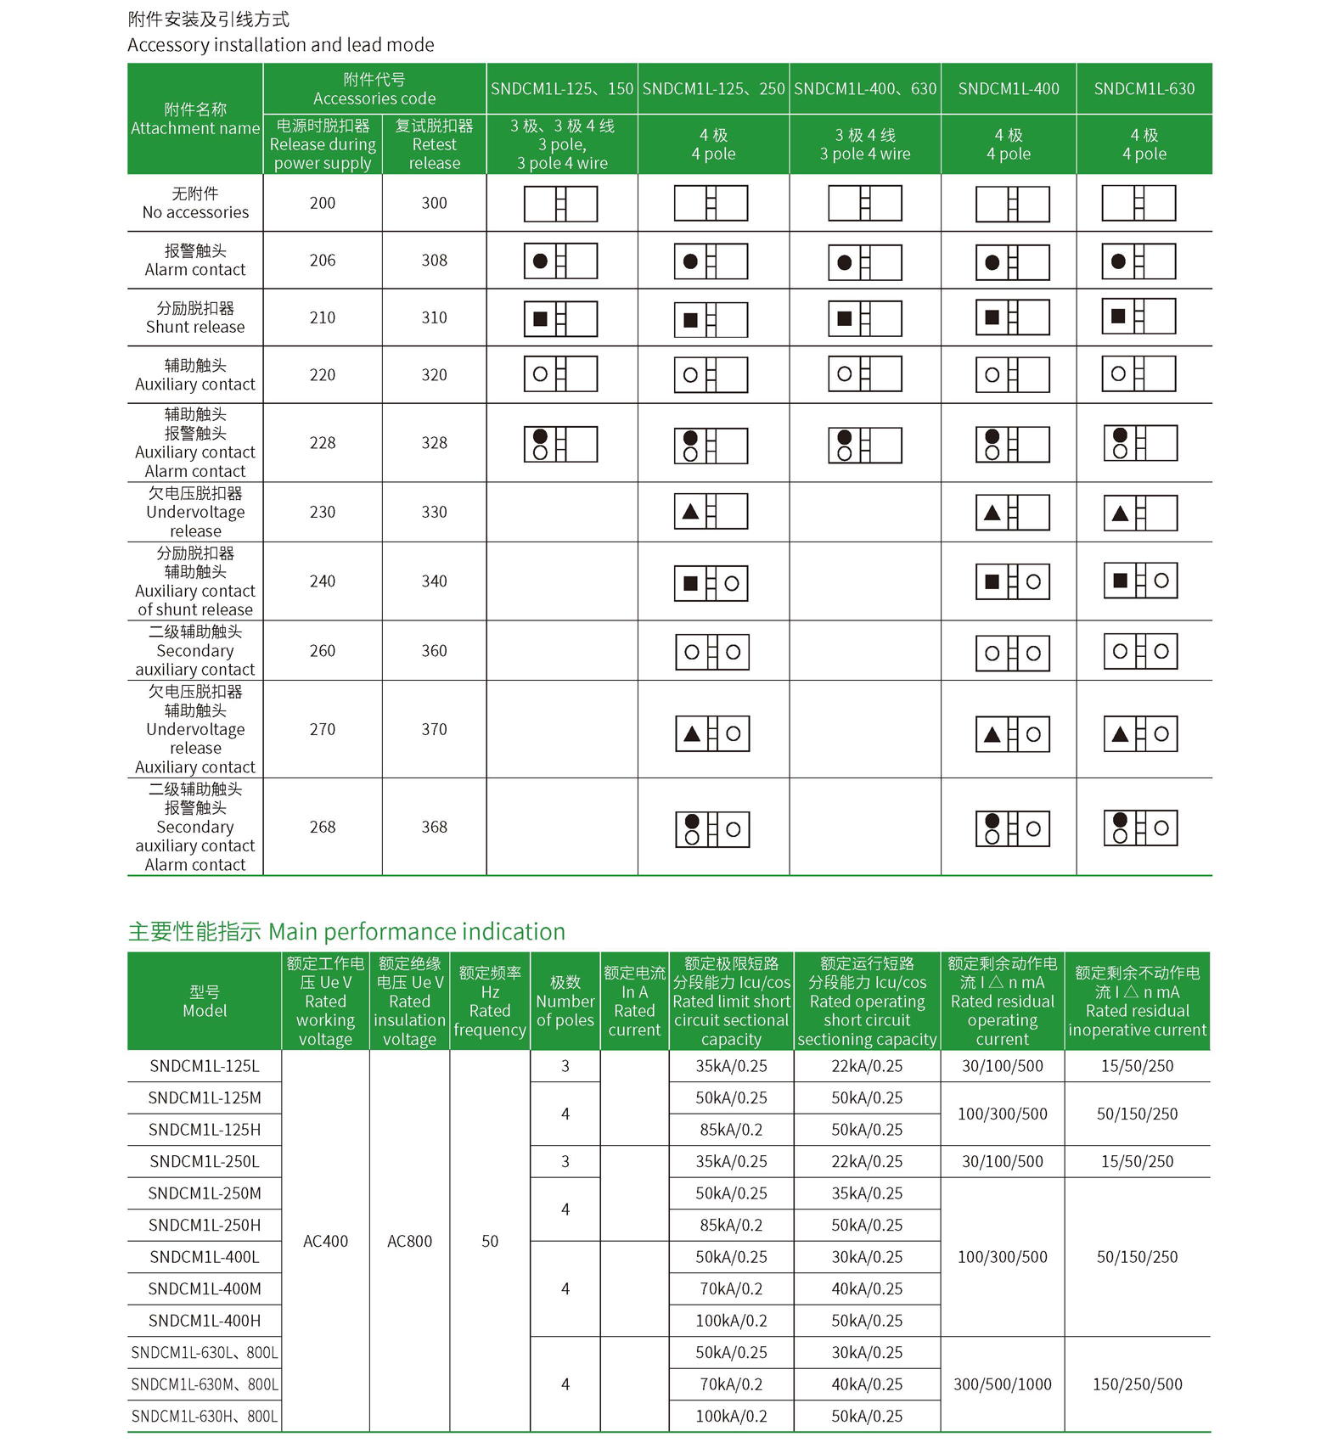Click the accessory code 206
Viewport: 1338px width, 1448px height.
(x=323, y=261)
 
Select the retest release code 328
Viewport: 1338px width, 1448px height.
(x=434, y=443)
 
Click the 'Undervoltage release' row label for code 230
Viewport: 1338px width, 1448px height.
(x=195, y=512)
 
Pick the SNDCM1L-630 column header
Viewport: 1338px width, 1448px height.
(x=1144, y=89)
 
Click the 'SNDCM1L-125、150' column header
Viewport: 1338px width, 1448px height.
(x=562, y=89)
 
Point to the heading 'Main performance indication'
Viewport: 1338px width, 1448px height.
(x=346, y=932)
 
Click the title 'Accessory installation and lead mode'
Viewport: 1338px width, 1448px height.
(x=280, y=45)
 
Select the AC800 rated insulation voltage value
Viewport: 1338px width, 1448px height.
(x=409, y=1241)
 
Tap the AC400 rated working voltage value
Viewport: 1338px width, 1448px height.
(x=325, y=1241)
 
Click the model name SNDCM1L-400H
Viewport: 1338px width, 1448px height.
(x=205, y=1321)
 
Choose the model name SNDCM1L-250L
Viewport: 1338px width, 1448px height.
(x=205, y=1161)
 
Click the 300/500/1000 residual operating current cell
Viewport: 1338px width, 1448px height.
(x=1002, y=1384)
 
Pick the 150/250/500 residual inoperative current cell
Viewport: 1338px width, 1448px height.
(x=1137, y=1384)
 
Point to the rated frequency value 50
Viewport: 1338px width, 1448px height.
(x=490, y=1241)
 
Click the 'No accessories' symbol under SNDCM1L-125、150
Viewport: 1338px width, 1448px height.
(x=561, y=204)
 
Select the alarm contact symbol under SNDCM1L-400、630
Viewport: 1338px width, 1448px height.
(x=865, y=262)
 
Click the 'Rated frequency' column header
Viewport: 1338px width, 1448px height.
(x=490, y=1002)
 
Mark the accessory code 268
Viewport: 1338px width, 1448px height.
(x=323, y=827)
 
